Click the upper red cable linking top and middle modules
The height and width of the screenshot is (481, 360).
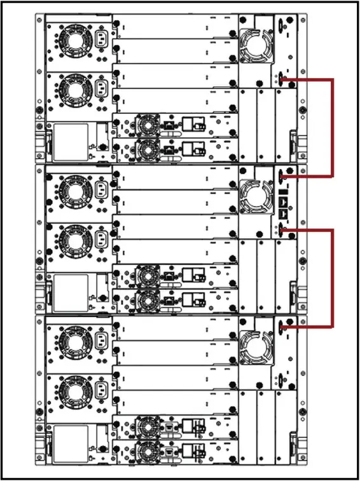coord(331,127)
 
